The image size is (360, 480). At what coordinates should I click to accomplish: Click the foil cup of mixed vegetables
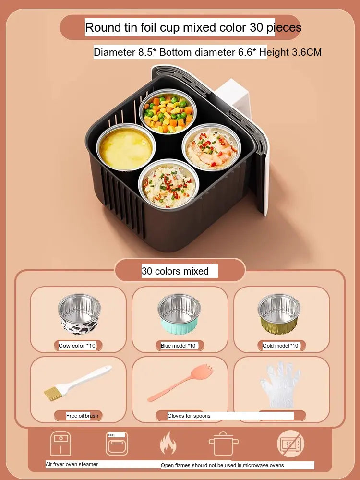pyautogui.click(x=168, y=111)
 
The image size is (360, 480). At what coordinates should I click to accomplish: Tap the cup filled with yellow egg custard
pyautogui.click(x=126, y=147)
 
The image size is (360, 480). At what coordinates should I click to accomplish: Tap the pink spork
pyautogui.click(x=180, y=383)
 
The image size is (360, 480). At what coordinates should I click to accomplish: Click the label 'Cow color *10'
pyautogui.click(x=77, y=346)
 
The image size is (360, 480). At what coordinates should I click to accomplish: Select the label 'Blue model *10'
pyautogui.click(x=178, y=346)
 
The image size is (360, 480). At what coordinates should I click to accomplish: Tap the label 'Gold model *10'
pyautogui.click(x=280, y=346)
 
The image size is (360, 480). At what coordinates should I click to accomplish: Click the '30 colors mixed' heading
pyautogui.click(x=175, y=271)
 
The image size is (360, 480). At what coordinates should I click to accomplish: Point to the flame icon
pyautogui.click(x=168, y=443)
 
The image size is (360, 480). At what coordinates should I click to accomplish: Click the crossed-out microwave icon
pyautogui.click(x=291, y=444)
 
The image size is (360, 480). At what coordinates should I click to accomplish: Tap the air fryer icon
pyautogui.click(x=60, y=443)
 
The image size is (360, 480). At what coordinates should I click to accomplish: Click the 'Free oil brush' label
pyautogui.click(x=83, y=416)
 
